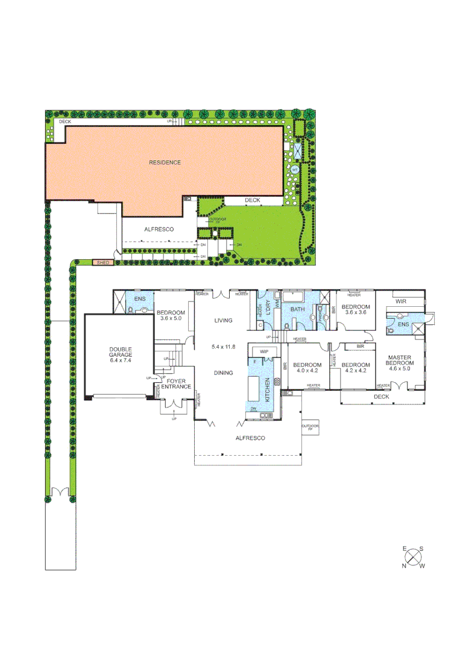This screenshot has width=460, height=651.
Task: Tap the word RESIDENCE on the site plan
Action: pos(165,163)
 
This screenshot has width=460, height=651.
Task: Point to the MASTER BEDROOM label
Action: pos(400,360)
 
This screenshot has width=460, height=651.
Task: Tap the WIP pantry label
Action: pos(263,351)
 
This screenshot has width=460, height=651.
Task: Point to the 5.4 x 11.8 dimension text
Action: pos(223,347)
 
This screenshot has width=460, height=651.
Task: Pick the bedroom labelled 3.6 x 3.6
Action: pos(354,309)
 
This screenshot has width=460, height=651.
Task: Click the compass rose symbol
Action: pos(414,557)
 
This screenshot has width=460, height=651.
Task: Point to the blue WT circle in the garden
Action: pos(295,170)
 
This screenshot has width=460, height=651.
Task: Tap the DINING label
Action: pos(223,373)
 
